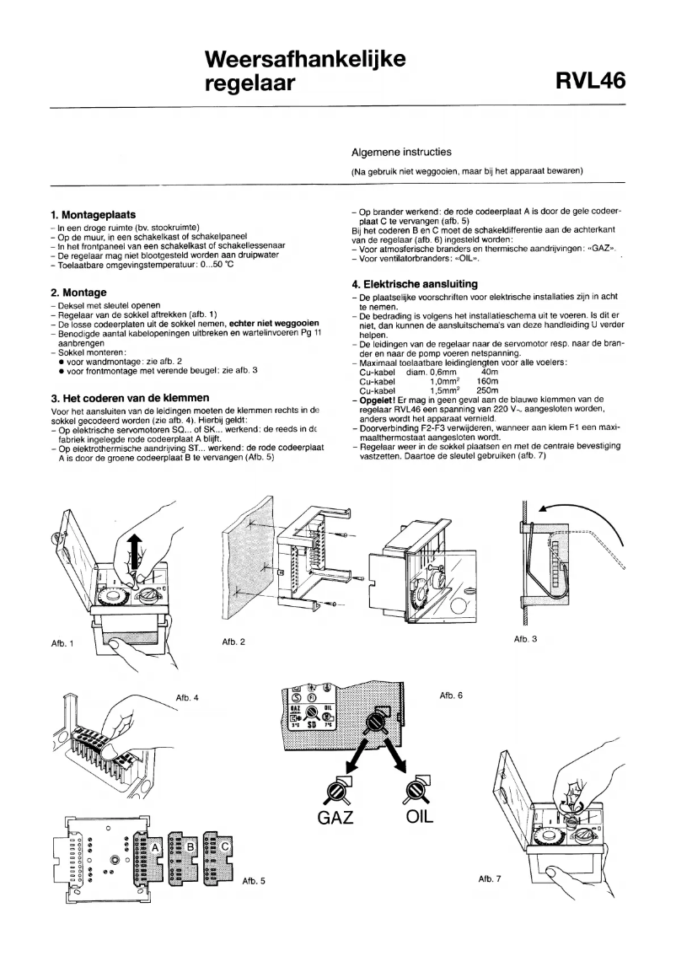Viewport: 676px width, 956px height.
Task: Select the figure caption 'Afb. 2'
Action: tap(230, 642)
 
